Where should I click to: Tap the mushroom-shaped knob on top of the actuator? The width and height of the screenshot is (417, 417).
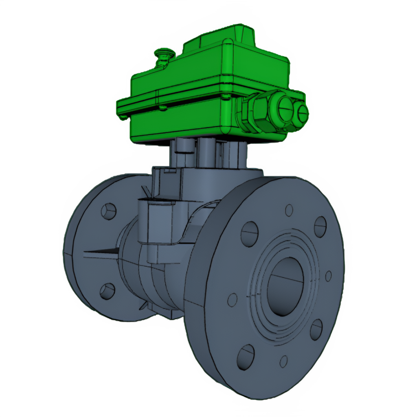pos(164,53)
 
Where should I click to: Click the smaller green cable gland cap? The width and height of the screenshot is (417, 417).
pos(302,112)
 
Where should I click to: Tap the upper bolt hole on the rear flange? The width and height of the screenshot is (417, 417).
pos(109,211)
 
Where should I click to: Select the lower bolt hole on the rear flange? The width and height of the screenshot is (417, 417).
pos(108,291)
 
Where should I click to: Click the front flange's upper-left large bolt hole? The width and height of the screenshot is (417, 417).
pos(249,234)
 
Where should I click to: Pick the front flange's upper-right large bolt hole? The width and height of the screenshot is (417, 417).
pos(320,226)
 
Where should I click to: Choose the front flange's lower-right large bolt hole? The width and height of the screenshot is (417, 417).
pos(316,329)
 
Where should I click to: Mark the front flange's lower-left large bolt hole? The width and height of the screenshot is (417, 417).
pos(246,357)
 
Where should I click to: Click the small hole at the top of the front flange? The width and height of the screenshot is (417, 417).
pos(289,210)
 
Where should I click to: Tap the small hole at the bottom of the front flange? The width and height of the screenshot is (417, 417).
pos(283,361)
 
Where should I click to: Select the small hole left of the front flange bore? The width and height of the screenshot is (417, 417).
pos(232,300)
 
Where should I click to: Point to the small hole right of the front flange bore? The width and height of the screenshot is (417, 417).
pos(328,276)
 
